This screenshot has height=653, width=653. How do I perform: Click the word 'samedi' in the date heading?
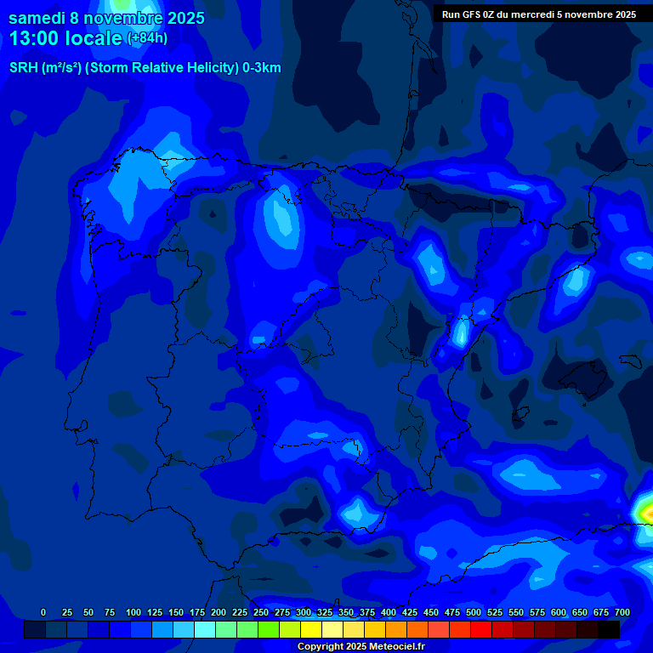point(37,19)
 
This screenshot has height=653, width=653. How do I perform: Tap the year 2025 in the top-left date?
point(185,19)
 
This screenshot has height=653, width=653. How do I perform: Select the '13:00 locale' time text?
point(66,38)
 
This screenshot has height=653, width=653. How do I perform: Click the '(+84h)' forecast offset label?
point(147,38)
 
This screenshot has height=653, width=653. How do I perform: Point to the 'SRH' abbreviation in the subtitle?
point(23,68)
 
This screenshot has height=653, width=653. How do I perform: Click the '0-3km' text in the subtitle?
point(262,68)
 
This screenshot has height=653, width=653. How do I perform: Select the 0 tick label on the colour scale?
point(44,613)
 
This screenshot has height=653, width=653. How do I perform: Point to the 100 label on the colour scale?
point(133,613)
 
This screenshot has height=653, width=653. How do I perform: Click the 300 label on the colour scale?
point(304,613)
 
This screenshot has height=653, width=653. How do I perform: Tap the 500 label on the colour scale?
point(474,613)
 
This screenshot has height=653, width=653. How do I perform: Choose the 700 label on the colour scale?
point(622,613)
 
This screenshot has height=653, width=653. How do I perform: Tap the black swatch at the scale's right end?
point(609,629)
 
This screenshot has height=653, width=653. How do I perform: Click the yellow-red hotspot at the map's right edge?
point(646,512)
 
